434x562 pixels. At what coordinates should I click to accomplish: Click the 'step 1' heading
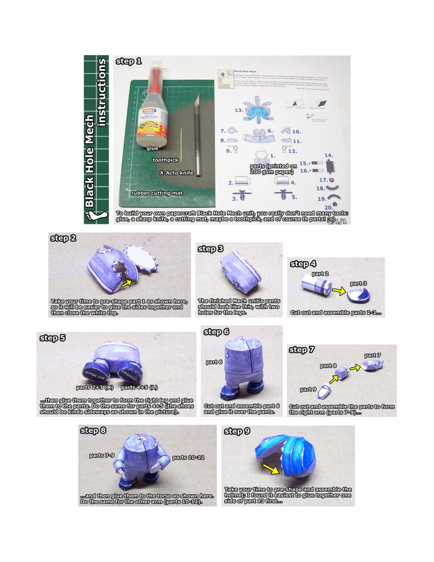click(x=129, y=61)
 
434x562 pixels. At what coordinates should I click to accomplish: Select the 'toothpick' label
click(x=165, y=160)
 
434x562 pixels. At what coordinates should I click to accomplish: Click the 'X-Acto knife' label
click(x=176, y=173)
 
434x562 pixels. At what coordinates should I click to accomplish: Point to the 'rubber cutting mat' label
click(x=157, y=193)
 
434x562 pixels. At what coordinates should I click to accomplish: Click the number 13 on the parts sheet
click(x=239, y=110)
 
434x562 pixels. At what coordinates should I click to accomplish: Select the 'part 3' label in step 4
click(x=359, y=283)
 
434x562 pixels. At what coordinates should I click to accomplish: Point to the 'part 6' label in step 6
click(x=214, y=362)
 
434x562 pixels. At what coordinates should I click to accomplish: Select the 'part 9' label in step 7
click(x=308, y=389)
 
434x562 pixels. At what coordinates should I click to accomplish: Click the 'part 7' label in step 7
click(x=372, y=355)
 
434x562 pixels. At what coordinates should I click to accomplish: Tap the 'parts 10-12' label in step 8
click(x=188, y=457)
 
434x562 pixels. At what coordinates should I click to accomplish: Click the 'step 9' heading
click(x=237, y=431)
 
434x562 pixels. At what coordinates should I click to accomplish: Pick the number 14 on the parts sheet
click(x=328, y=156)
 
